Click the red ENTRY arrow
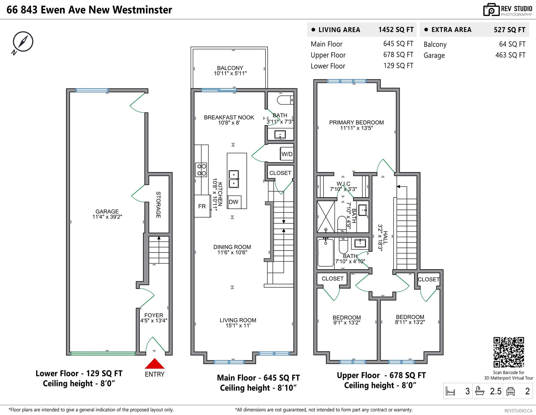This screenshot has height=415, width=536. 154,363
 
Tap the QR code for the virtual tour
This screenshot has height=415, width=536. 509,352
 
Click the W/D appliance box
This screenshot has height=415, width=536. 287,154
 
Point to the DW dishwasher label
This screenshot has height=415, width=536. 233,202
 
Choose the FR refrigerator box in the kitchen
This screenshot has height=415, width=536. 202,206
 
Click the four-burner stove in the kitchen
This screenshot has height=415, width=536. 201,169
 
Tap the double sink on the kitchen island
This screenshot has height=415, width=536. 233,179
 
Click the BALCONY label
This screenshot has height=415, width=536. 230,68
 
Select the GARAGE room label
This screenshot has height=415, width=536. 107,211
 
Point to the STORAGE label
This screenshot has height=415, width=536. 158,205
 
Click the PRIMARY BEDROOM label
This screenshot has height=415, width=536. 356,122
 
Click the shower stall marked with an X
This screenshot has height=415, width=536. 326,216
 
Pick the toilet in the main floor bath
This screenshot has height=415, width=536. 285,100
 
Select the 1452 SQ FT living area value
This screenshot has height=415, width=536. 396,29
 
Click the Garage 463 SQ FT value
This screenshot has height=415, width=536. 510,55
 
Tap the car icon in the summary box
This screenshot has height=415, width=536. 510,391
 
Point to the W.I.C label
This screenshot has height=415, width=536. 343,184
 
